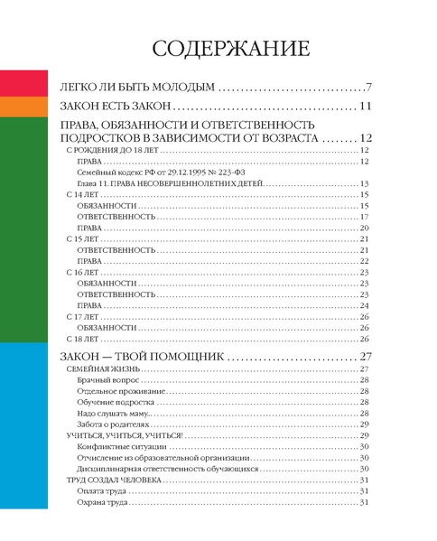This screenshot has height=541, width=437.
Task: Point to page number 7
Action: point(368,88)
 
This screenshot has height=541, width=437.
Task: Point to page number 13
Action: point(365,183)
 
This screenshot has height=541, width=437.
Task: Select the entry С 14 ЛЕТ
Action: point(81,195)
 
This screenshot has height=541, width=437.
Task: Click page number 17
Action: point(365,217)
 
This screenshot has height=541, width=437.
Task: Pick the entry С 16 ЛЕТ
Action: point(81,271)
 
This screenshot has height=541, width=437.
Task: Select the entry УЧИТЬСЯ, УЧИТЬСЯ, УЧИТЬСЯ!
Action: point(125,436)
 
